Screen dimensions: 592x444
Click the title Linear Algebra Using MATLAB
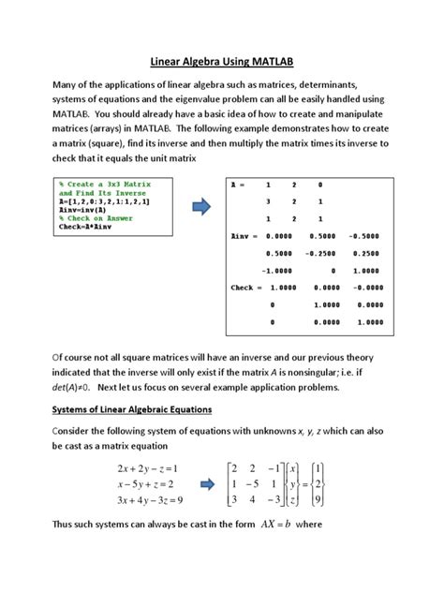pyautogui.click(x=222, y=61)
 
